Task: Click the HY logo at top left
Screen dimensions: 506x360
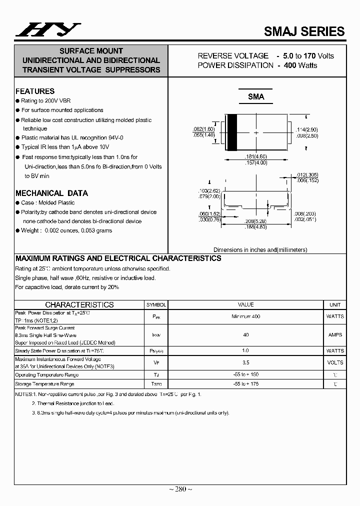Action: [47, 30]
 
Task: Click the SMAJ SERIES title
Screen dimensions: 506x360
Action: [304, 31]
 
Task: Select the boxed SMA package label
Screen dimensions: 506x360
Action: [256, 97]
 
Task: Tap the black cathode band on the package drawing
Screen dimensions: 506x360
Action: [232, 132]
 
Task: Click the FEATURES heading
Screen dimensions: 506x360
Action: [35, 91]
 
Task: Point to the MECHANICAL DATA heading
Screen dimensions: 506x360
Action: [51, 193]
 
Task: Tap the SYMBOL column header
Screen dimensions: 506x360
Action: [156, 304]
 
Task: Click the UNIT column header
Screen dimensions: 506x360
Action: [335, 304]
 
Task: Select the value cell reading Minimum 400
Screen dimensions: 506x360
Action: [245, 316]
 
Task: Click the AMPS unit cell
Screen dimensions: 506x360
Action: [335, 335]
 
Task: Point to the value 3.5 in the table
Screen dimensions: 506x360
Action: [245, 362]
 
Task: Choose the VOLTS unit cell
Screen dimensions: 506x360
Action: [335, 362]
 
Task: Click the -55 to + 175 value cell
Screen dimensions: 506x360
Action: [245, 384]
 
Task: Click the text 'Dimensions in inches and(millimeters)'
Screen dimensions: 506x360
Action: [260, 249]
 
